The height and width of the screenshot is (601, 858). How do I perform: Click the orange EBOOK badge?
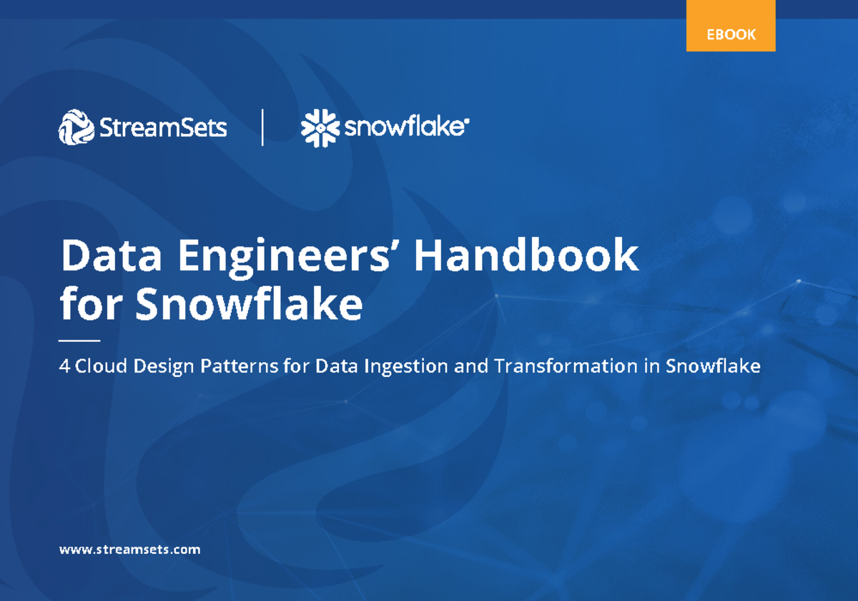[x=731, y=34]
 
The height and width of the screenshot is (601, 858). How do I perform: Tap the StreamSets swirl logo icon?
[x=77, y=128]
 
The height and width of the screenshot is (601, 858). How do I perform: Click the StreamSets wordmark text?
[x=164, y=128]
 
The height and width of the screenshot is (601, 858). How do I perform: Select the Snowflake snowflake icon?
[x=319, y=128]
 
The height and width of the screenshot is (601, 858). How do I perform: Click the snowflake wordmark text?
[x=406, y=128]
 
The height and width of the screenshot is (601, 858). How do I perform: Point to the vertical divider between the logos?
[x=263, y=127]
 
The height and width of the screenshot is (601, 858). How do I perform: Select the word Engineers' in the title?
[x=289, y=256]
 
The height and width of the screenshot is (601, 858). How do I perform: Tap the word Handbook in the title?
[x=526, y=255]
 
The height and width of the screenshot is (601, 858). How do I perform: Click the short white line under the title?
[x=79, y=341]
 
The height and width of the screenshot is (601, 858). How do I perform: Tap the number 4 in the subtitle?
[x=64, y=366]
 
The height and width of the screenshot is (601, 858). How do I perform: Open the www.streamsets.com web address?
[x=129, y=549]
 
